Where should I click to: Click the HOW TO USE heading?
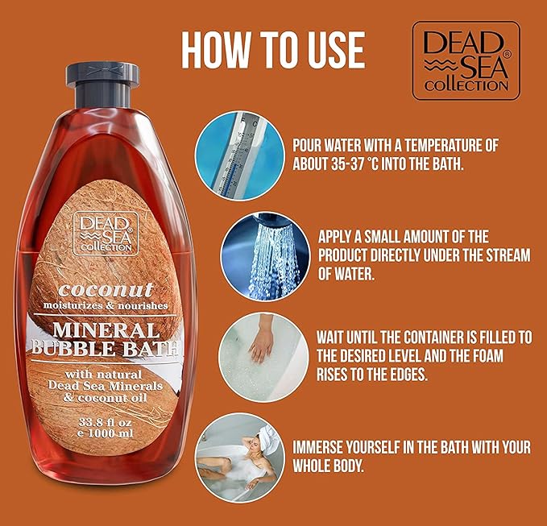point(272,50)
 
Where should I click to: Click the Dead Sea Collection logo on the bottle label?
point(104,234)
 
